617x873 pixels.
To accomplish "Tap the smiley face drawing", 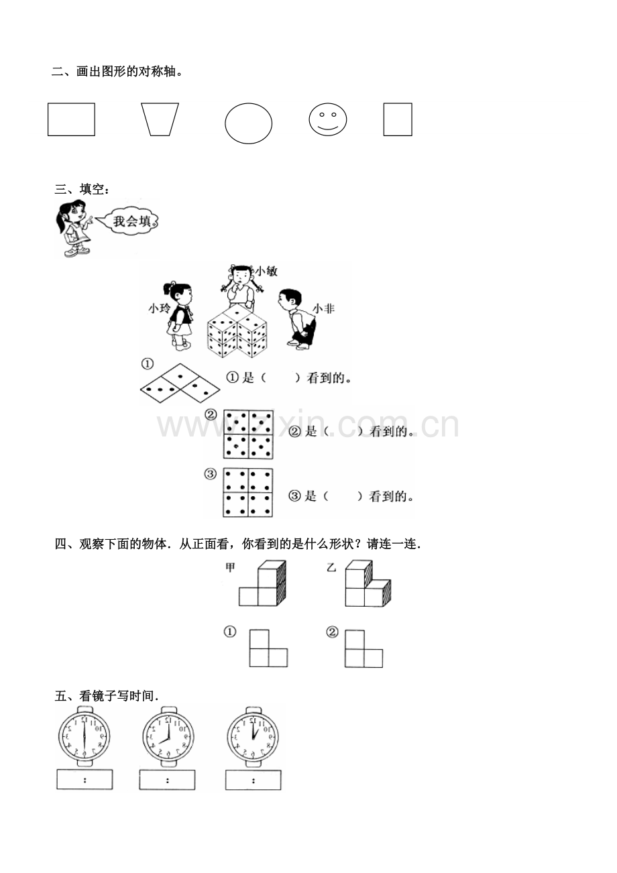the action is point(328,119).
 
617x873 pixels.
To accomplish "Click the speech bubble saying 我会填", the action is point(129,221).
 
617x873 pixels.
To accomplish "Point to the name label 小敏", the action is point(266,272).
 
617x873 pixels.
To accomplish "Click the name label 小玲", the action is point(159,308).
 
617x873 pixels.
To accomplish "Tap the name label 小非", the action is point(323,308).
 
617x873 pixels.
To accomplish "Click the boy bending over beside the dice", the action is point(297,318).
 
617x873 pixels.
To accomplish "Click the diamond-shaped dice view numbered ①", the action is point(180,384).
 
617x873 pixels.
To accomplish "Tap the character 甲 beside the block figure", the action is point(230,567).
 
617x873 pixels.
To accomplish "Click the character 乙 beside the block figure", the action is point(331,567).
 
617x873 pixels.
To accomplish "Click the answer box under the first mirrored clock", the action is point(85,779).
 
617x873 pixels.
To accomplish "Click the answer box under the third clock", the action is point(254,779).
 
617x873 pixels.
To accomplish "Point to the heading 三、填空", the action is point(82,189).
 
